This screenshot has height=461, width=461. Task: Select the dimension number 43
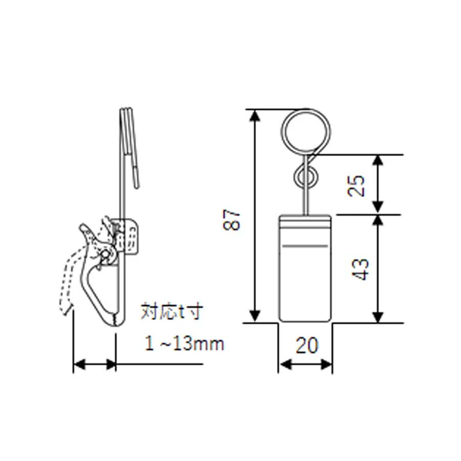(x=360, y=269)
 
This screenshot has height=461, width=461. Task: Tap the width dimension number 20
(x=306, y=345)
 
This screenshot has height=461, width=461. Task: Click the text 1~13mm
(x=184, y=344)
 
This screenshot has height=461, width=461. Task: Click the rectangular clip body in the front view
(x=305, y=269)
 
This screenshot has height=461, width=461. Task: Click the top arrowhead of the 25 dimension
(x=377, y=161)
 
